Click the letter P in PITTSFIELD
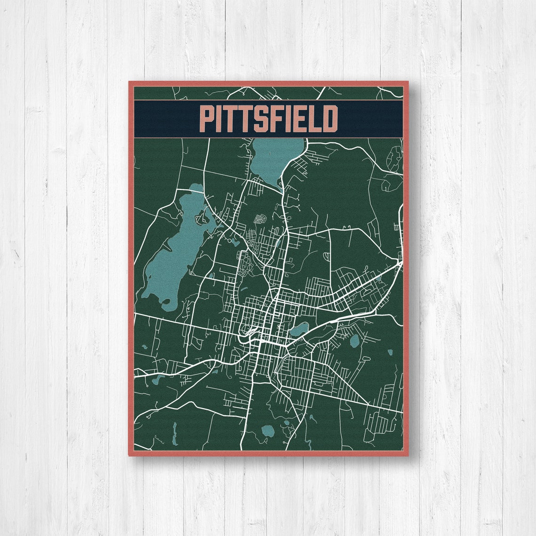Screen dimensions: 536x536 click(x=206, y=119)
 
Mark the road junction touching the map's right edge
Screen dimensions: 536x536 click(x=401, y=263)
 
